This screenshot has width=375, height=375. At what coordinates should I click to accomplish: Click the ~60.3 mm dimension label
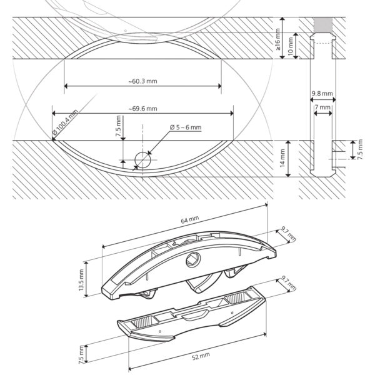(x=142, y=81)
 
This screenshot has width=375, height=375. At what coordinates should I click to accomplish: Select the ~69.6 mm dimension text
(x=142, y=109)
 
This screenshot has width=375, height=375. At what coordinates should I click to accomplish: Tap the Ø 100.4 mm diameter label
(x=65, y=122)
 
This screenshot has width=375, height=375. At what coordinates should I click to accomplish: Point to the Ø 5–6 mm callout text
(x=186, y=127)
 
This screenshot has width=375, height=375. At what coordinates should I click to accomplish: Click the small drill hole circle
(x=142, y=160)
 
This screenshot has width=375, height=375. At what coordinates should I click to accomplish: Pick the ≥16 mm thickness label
(x=277, y=39)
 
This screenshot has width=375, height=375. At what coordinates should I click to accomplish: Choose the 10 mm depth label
(x=291, y=46)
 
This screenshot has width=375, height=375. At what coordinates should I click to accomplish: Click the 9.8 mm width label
(x=322, y=94)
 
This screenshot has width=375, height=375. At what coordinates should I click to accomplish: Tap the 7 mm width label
(x=322, y=107)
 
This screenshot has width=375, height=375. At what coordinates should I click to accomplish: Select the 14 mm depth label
(x=282, y=158)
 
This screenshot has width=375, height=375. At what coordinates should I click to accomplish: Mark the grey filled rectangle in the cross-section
(x=323, y=25)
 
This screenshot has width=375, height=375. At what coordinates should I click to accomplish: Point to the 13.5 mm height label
(x=81, y=280)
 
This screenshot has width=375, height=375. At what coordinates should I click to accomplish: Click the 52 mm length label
(x=201, y=356)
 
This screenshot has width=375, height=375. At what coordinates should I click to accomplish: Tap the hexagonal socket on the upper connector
(x=193, y=260)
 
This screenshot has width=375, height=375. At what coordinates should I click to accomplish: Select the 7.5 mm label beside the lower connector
(x=81, y=354)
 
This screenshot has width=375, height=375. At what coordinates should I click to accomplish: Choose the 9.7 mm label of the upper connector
(x=288, y=234)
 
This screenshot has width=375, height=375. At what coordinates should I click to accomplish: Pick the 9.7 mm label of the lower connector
(x=288, y=283)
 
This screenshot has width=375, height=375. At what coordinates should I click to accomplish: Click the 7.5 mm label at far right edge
(x=360, y=149)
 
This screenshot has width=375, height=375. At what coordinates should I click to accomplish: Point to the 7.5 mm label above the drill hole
(x=118, y=126)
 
